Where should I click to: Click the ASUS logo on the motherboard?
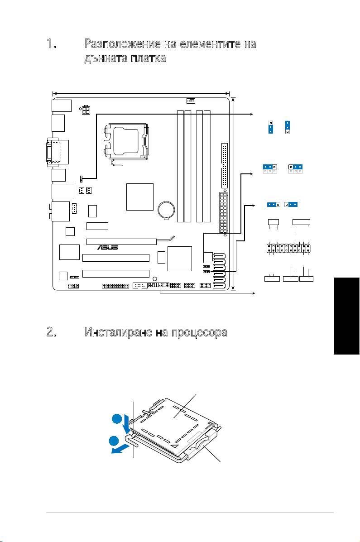[x=108, y=248]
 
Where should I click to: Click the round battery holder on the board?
[x=167, y=210]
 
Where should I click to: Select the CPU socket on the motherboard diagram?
[x=126, y=144]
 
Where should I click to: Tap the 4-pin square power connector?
[x=86, y=110]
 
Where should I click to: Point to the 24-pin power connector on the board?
[x=223, y=212]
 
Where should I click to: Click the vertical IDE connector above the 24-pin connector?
[x=225, y=165]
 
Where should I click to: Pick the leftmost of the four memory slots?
[x=180, y=166]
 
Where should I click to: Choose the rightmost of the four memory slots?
[x=207, y=166]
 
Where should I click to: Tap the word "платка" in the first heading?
[x=149, y=58]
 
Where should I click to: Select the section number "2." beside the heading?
[x=52, y=332]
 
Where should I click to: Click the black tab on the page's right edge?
[x=346, y=315]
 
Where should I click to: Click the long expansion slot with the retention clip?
[x=121, y=241]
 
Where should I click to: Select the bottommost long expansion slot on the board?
[x=116, y=274]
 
